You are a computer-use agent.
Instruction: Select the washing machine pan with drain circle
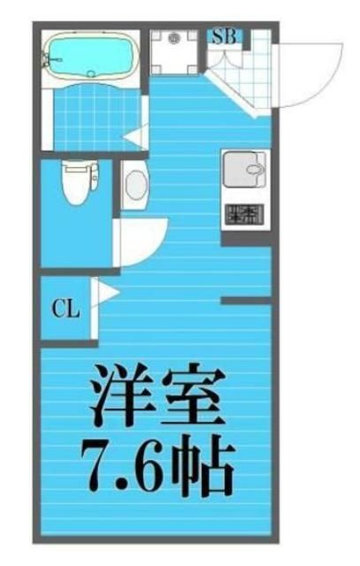coord(173,53)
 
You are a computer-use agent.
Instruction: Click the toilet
coord(79,182)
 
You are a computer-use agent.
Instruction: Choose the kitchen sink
coord(243,169)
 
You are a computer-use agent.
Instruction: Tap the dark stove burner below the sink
coord(243,213)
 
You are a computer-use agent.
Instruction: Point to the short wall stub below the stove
coord(245,302)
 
